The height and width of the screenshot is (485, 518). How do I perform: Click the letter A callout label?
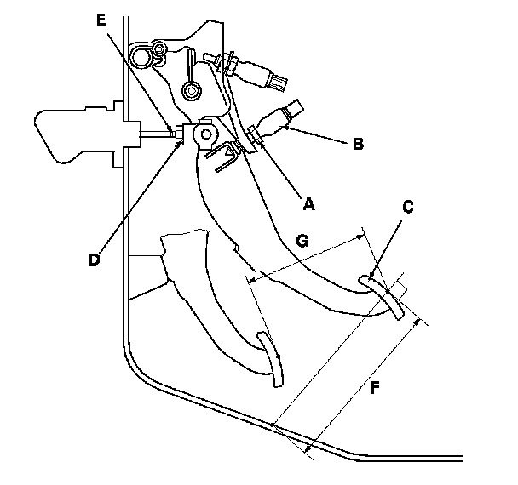[308, 203]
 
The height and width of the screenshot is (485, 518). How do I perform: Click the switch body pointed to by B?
[281, 119]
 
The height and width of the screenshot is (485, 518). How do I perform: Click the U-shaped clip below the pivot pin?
[227, 157]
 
